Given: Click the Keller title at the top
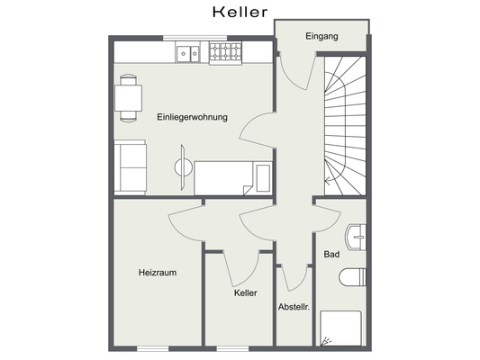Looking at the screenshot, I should tap(240, 12).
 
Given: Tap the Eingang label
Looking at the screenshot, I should tap(322, 37).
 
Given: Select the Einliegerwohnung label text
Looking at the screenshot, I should tap(191, 117).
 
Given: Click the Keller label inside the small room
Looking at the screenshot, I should tap(245, 293).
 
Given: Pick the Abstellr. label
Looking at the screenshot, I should tap(294, 307).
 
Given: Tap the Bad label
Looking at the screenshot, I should tap(331, 256).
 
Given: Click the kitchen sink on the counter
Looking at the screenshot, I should tap(188, 54).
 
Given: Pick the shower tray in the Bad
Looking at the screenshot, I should tap(340, 328).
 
